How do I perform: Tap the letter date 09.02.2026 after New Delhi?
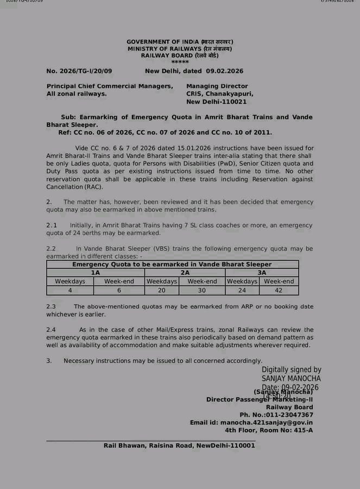[225, 71]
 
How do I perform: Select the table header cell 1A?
[96, 273]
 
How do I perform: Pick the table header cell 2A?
[185, 273]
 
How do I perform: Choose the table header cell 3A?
[262, 273]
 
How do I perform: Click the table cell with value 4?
[70, 290]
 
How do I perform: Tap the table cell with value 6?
[119, 290]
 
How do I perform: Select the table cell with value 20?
[162, 290]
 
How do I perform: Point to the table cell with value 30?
[202, 290]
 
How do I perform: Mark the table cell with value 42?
[279, 290]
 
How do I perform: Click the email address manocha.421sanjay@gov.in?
[267, 422]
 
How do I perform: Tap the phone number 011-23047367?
[288, 415]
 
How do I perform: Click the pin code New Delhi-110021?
[216, 102]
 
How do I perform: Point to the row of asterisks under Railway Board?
[180, 62]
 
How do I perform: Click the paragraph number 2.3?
[52, 306]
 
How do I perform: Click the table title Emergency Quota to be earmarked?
[172, 265]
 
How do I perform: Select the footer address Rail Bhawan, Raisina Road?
[179, 446]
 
